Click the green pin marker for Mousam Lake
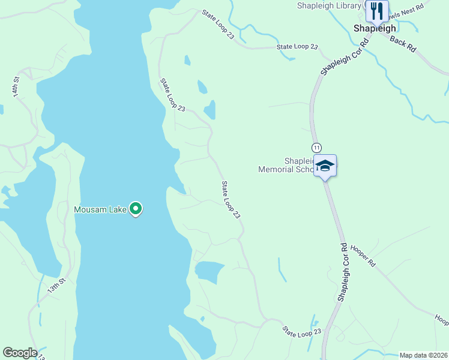pos(136,209)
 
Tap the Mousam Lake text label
pos(100,209)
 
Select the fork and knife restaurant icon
pos(376,10)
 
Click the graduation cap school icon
pos(325,166)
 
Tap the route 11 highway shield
pos(316,148)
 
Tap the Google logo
pos(20,353)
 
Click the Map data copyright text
pos(423,355)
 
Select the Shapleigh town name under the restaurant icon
pos(375,28)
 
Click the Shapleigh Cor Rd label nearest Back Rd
pos(343,58)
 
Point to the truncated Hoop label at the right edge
pos(441,320)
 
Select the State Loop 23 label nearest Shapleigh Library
pos(297,47)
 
